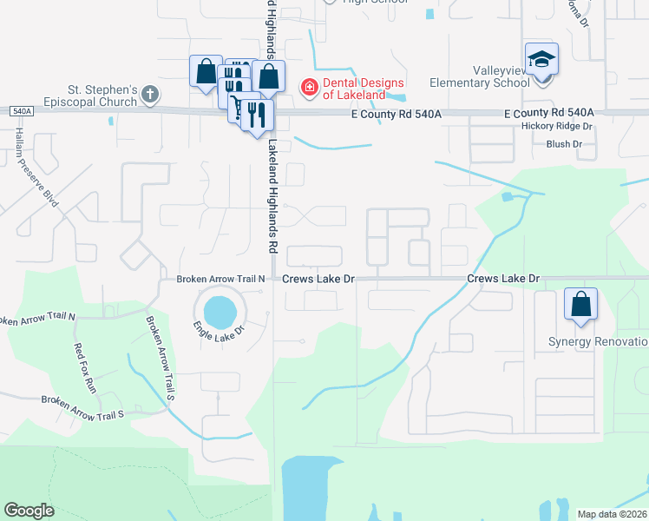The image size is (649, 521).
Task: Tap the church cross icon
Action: coord(150,94)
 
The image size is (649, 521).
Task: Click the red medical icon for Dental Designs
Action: coord(307,87)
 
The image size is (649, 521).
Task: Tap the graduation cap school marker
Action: coord(541,60)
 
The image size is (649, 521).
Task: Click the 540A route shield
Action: coord(22,111)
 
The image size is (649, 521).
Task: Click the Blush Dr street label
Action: coord(564,144)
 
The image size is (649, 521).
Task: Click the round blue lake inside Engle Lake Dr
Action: coord(219,309)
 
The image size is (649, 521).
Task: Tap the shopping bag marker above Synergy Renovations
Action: coord(580,305)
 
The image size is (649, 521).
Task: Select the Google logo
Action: coord(29,511)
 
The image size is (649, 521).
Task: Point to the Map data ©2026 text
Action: coord(612,514)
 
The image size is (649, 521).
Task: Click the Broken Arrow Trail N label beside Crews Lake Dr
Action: coord(220,279)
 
